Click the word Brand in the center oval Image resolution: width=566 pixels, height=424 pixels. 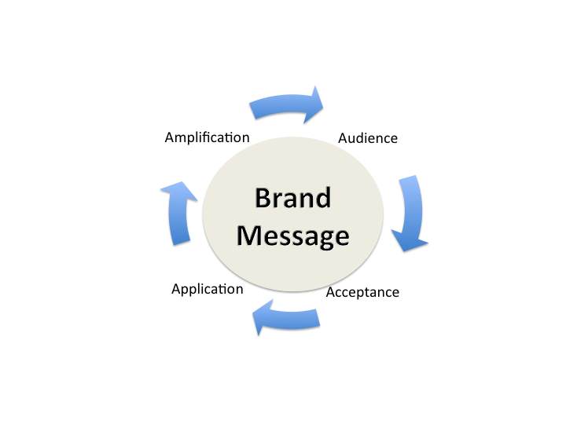click(x=292, y=198)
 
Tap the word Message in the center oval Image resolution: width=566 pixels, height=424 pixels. click(x=293, y=236)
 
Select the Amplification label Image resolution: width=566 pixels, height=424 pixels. click(x=207, y=137)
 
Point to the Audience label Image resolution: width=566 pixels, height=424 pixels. click(x=368, y=138)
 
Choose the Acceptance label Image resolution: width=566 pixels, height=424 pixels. click(x=362, y=292)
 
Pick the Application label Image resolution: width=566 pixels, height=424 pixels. click(x=207, y=289)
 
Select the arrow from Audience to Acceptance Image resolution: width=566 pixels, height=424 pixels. click(x=413, y=212)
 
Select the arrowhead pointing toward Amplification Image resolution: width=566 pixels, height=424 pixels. click(x=175, y=192)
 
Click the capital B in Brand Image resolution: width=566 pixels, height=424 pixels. click(x=263, y=198)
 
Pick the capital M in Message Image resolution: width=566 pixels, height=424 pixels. click(x=251, y=236)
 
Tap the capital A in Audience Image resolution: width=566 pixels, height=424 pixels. click(x=344, y=138)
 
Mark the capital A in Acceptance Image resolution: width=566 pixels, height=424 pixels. click(x=331, y=292)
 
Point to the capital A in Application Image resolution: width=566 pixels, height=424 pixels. click(x=176, y=289)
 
